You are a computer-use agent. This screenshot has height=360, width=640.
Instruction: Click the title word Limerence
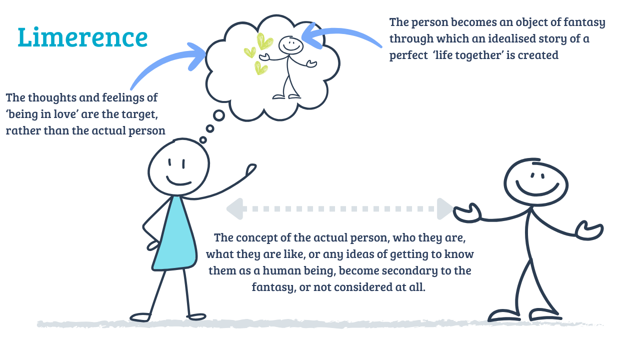tap(82, 38)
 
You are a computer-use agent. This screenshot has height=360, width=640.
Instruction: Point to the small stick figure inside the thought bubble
tap(290, 65)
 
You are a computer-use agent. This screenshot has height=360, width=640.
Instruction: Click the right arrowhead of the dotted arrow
tap(445, 208)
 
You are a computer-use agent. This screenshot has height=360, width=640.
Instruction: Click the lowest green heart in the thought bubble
tap(260, 68)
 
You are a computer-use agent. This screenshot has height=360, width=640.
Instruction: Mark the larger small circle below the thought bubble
tap(218, 115)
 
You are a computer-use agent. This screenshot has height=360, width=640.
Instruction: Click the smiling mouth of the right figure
tap(537, 188)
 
